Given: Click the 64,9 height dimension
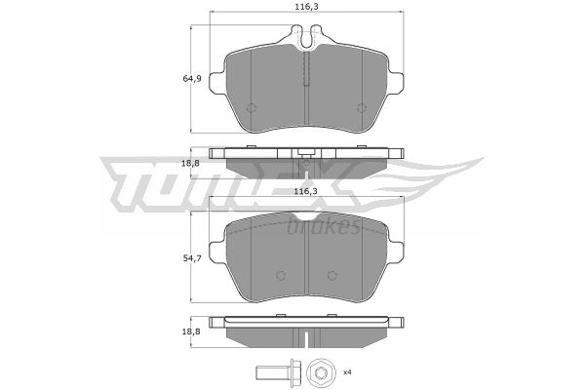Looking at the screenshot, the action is pos(192,79).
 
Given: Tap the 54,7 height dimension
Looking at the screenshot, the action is pos(192,257).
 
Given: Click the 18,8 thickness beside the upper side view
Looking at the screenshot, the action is pos(191,163).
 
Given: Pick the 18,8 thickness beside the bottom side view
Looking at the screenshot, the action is pos(191,331).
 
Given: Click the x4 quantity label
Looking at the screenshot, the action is pos(347,372).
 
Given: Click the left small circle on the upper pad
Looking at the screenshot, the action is pos(252,108).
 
